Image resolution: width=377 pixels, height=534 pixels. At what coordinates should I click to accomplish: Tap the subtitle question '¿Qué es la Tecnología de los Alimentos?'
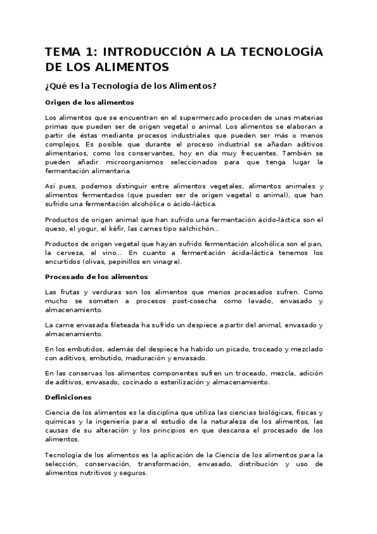(131, 86)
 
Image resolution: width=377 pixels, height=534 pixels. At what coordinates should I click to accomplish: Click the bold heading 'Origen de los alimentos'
(89, 103)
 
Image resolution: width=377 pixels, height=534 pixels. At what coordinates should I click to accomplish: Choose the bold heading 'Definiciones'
(69, 397)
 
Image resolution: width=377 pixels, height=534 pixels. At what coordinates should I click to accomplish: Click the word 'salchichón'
(200, 229)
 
